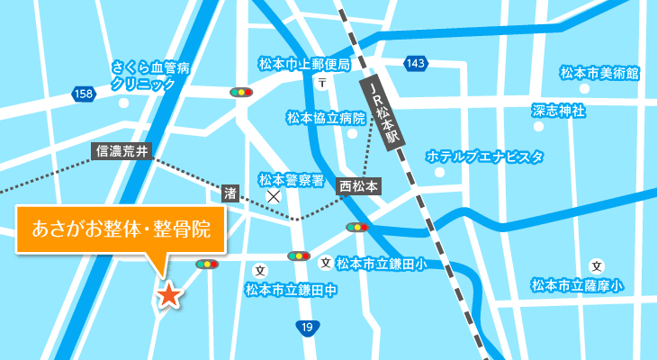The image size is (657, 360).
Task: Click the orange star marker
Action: (x=168, y=294)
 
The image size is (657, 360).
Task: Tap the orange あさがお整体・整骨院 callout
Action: (x=121, y=229)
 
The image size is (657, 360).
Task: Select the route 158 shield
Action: (x=85, y=94)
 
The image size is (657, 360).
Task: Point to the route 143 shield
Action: (x=416, y=63)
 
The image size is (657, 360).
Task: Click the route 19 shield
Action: (x=308, y=328)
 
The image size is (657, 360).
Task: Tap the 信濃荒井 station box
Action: (x=121, y=151)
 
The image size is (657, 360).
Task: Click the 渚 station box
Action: (x=230, y=192)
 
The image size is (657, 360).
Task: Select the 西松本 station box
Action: (x=360, y=186)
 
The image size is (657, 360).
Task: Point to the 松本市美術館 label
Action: (x=598, y=73)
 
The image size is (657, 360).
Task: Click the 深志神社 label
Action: (x=559, y=111)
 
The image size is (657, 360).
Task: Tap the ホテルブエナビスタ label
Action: (x=485, y=157)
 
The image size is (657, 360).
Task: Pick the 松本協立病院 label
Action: (x=326, y=118)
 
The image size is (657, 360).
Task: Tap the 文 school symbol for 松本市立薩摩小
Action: (x=596, y=265)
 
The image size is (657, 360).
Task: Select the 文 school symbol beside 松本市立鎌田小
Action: (x=325, y=263)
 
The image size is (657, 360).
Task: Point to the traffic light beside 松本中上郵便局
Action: (x=241, y=92)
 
